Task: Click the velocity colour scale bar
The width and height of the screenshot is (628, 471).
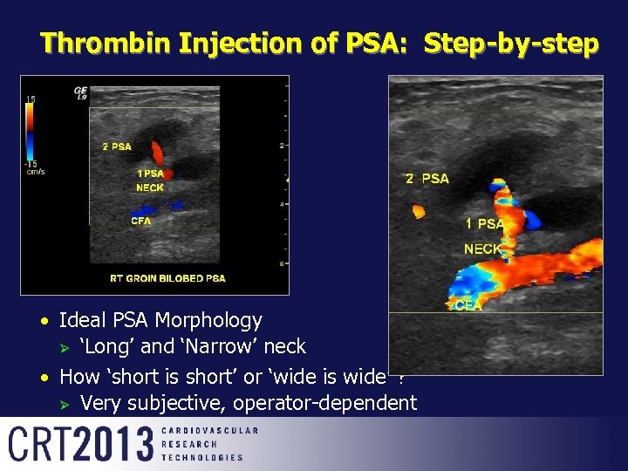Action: [x=31, y=132]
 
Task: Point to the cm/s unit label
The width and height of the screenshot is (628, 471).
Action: [x=35, y=172]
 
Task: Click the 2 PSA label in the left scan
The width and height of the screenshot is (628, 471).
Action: [x=116, y=147]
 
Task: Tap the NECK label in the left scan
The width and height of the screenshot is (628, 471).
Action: [x=149, y=188]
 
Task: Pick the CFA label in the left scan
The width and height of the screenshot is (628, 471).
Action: [x=140, y=221]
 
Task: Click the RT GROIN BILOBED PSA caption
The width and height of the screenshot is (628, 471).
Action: [x=167, y=278]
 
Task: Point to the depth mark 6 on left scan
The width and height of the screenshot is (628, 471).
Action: [x=282, y=263]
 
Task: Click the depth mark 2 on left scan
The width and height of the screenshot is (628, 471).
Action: [x=282, y=145]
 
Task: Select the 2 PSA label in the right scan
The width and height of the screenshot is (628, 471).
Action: [x=427, y=179]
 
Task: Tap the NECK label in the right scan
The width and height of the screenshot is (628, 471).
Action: [x=482, y=249]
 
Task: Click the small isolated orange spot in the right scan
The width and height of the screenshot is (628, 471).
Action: [x=418, y=211]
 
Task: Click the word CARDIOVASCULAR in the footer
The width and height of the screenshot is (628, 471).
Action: [x=209, y=431]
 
